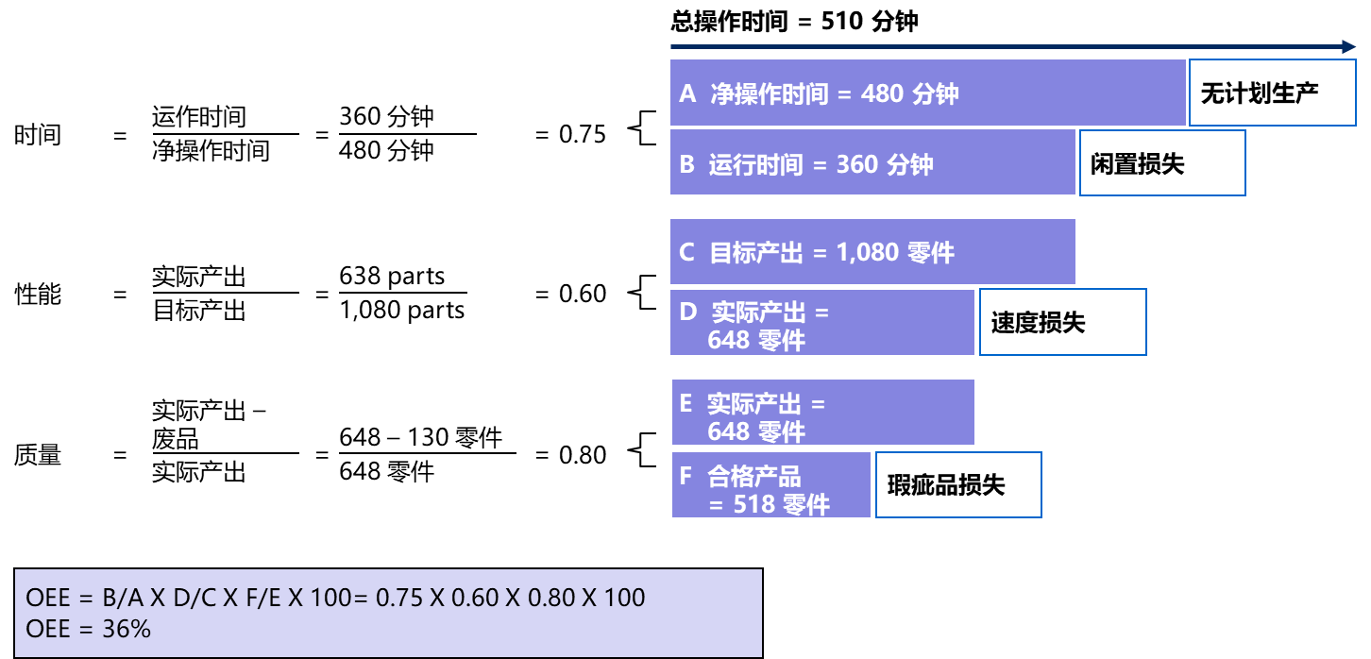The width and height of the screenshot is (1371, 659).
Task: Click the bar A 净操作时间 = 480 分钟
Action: (x=927, y=93)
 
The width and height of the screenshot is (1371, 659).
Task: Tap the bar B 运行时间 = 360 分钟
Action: (x=872, y=162)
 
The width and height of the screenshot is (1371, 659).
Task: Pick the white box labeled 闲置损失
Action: (x=1161, y=163)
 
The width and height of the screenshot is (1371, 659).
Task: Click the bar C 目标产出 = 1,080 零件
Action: (x=872, y=252)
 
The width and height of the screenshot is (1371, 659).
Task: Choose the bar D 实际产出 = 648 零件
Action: (x=821, y=323)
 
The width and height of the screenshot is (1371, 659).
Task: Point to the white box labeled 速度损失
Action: (x=1062, y=323)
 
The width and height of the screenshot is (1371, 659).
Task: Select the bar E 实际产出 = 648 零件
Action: (x=822, y=413)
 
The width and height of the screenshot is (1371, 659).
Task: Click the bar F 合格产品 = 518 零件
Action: (x=770, y=485)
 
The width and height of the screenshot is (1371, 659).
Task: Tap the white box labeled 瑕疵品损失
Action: (x=958, y=485)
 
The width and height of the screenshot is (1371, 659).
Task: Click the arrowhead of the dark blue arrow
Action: (x=1350, y=46)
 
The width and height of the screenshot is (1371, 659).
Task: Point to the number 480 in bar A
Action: (x=882, y=94)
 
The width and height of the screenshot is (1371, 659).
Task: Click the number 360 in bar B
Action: (x=857, y=164)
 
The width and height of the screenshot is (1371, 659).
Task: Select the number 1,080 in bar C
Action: (x=867, y=253)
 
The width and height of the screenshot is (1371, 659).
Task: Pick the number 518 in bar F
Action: (x=754, y=505)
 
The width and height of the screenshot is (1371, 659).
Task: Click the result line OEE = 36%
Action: (x=89, y=628)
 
